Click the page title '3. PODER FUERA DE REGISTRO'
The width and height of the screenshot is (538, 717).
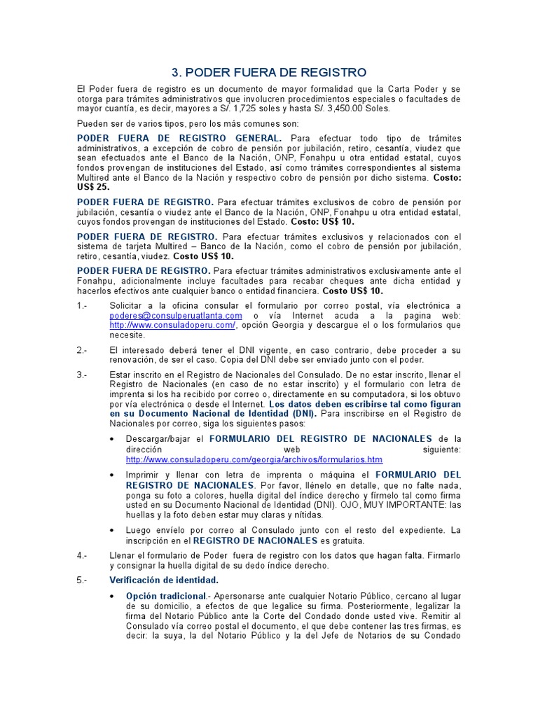click(x=269, y=72)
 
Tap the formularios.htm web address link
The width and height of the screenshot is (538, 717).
click(x=254, y=459)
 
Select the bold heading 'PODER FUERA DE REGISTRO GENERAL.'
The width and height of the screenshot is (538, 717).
click(x=179, y=138)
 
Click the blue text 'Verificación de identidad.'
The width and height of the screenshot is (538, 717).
click(x=164, y=580)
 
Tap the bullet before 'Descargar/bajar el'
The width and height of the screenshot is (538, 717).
click(x=113, y=439)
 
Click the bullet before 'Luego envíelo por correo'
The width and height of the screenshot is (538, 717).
click(x=113, y=530)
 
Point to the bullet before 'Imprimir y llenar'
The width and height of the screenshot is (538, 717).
click(x=113, y=475)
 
